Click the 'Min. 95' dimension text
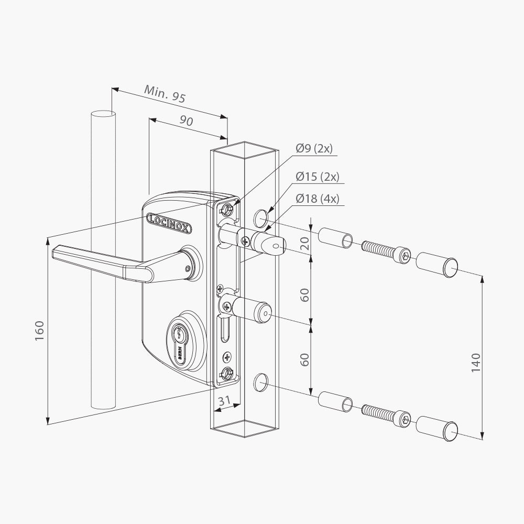[165, 93]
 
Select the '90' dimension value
[186, 120]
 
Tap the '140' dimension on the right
[475, 362]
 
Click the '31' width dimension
[224, 401]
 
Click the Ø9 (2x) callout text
[314, 148]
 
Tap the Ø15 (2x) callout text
[317, 177]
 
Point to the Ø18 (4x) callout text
[317, 199]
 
